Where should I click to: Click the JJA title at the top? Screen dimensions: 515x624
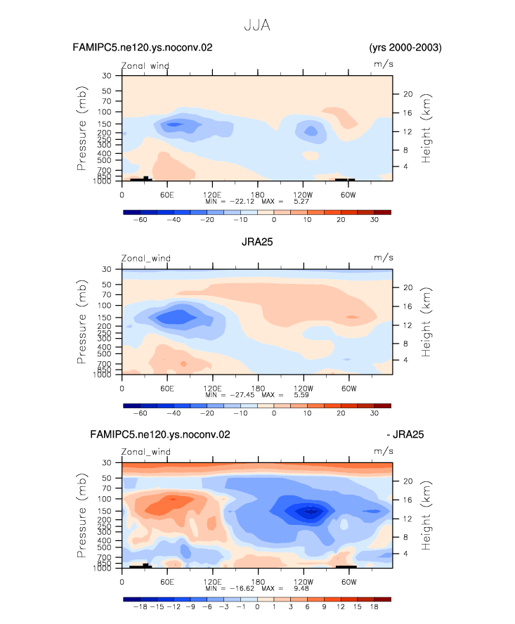[x=257, y=25]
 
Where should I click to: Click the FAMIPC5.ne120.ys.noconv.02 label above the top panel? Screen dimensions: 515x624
[x=143, y=47]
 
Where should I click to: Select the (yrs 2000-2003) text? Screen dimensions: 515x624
[x=405, y=48]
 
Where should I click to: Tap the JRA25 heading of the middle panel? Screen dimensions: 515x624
[x=257, y=242]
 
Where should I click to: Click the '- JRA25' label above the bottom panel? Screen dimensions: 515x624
[x=405, y=434]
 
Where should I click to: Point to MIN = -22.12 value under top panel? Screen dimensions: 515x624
[x=230, y=202]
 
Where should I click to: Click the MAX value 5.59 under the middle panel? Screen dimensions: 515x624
[x=301, y=395]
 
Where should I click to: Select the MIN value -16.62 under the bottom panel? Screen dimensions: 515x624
[x=242, y=588]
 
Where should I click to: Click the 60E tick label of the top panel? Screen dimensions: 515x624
[x=167, y=195]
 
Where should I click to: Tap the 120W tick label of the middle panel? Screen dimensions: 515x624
[x=304, y=388]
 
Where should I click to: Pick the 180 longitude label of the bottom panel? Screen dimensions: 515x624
[x=258, y=581]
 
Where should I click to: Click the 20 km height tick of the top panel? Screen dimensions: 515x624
[x=408, y=94]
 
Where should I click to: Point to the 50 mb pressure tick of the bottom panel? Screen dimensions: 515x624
[x=106, y=478]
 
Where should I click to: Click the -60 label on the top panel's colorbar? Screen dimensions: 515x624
[x=140, y=220]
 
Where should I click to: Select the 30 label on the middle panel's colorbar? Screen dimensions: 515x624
[x=374, y=413]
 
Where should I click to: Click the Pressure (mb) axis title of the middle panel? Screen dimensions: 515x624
[x=82, y=322]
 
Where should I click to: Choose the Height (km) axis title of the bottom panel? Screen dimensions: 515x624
[x=426, y=515]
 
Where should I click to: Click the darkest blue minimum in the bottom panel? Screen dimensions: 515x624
[x=311, y=512]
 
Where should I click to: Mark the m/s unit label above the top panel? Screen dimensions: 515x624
[x=384, y=64]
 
